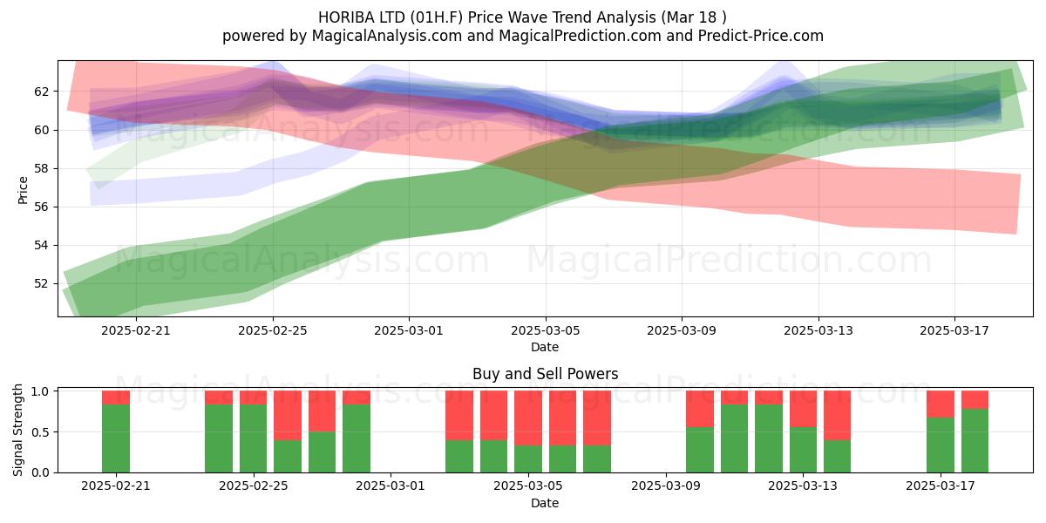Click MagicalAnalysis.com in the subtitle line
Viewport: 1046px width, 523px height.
click(387, 36)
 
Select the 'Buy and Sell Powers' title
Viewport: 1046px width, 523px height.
click(545, 374)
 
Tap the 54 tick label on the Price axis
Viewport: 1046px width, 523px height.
click(42, 246)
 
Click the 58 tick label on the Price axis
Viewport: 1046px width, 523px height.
click(42, 168)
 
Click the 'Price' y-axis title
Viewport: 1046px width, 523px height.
click(23, 190)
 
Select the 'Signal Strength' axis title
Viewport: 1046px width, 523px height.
click(17, 430)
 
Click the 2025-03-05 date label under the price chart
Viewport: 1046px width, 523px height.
click(546, 330)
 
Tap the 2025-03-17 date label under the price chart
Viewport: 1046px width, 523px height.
click(954, 330)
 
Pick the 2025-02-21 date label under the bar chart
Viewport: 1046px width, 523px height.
click(116, 486)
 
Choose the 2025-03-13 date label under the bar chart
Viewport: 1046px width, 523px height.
click(803, 486)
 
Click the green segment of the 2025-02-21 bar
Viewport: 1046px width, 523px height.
click(116, 438)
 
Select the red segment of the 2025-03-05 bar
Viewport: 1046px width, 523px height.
click(528, 418)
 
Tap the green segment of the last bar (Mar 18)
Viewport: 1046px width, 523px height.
click(975, 441)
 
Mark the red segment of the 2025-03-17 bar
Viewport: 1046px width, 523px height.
click(941, 404)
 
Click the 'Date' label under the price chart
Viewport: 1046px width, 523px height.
click(545, 347)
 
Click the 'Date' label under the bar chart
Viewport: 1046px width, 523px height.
click(545, 503)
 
